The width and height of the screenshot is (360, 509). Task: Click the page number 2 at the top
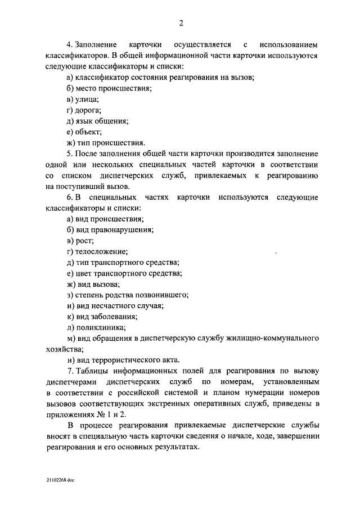[x=181, y=23]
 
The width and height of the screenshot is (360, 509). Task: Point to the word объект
[x=89, y=132]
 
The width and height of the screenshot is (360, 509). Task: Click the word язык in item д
[x=86, y=121]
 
